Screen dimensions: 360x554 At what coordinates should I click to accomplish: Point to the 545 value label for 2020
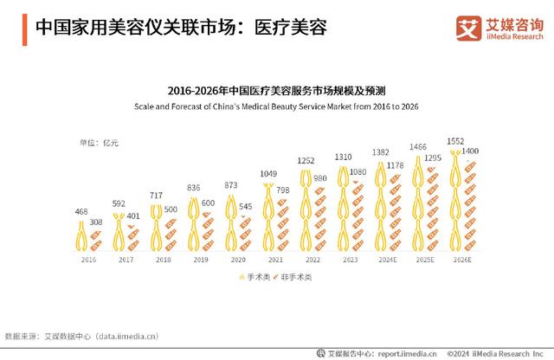click(245, 207)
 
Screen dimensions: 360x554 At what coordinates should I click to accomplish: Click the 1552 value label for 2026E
click(456, 140)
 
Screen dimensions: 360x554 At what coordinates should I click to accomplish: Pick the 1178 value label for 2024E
click(396, 165)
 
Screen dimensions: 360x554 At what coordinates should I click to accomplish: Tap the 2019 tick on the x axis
click(201, 259)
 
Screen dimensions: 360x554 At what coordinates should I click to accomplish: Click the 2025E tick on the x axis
click(424, 259)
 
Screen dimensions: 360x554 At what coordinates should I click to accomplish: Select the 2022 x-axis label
click(313, 259)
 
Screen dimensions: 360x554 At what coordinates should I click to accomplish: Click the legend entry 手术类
click(254, 276)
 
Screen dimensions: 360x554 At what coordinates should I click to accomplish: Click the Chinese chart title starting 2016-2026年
click(276, 89)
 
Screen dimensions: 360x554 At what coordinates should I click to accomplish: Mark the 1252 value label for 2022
click(306, 161)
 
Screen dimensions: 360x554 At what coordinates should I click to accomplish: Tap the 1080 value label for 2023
click(358, 172)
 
